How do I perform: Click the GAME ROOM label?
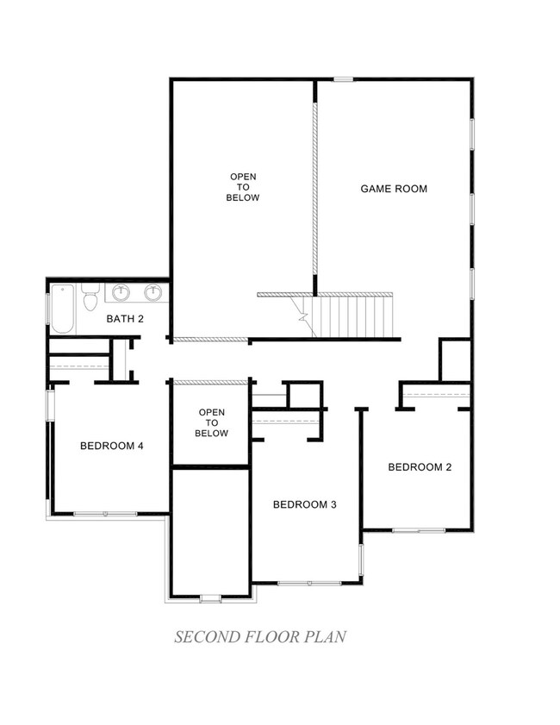393,188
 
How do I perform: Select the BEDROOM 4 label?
111,446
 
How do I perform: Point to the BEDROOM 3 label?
304,504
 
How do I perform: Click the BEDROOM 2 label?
420,467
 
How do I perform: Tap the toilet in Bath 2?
90,300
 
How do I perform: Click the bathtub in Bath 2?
62,309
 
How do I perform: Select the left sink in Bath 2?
121,293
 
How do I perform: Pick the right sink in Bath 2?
153,293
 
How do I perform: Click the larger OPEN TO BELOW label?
242,187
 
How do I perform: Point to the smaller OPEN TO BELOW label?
211,422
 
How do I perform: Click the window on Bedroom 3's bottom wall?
306,584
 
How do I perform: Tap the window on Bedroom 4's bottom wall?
104,514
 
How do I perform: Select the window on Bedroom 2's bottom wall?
419,530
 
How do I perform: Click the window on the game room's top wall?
343,79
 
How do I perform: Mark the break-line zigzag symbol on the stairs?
303,317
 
